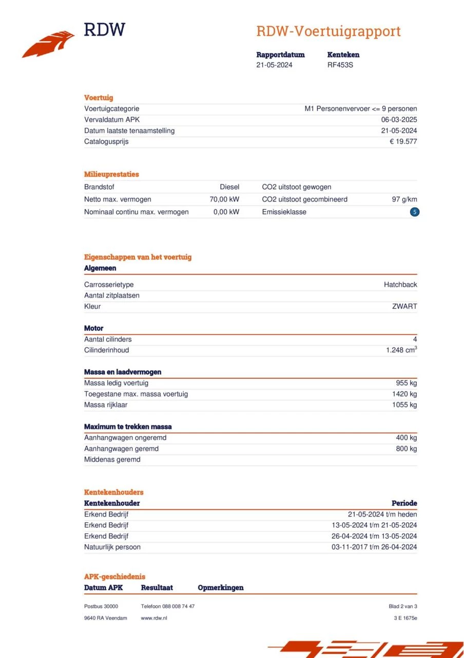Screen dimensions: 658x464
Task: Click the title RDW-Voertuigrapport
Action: [328, 31]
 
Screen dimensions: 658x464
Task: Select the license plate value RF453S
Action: [340, 65]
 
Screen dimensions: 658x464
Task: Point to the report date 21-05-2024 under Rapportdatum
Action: [274, 65]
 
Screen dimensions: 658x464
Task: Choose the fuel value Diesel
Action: [229, 187]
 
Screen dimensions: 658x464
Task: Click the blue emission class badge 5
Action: [415, 212]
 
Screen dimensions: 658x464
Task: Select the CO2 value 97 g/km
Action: [404, 199]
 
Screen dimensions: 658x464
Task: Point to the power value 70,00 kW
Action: [224, 199]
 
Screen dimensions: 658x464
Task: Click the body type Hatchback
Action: [400, 285]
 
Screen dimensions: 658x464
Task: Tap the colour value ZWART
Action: [404, 306]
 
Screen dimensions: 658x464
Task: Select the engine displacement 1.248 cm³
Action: [401, 350]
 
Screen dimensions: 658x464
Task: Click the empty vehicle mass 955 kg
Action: [406, 383]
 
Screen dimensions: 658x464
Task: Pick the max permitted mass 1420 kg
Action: [404, 394]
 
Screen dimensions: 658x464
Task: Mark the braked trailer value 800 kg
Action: [406, 449]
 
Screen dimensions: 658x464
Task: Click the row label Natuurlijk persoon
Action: [112, 547]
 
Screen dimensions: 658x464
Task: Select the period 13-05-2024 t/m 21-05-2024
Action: [374, 525]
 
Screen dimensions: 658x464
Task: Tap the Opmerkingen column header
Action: [220, 588]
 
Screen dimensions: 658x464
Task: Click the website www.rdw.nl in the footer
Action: [154, 618]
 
